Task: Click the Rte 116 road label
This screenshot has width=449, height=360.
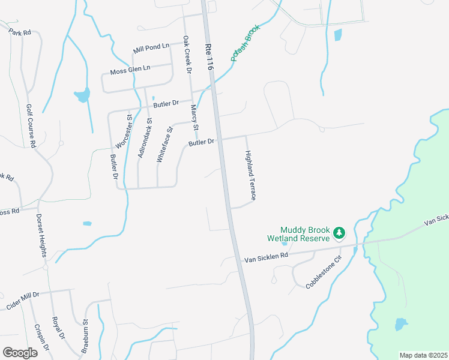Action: point(209,57)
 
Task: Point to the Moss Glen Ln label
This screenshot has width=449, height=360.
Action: point(130,71)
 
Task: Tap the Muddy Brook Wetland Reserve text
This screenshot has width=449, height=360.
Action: point(306,234)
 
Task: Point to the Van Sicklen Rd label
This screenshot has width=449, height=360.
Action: point(266,256)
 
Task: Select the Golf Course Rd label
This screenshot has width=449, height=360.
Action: point(31,126)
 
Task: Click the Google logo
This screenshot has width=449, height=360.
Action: point(20,352)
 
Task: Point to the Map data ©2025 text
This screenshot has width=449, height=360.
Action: point(423,355)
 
